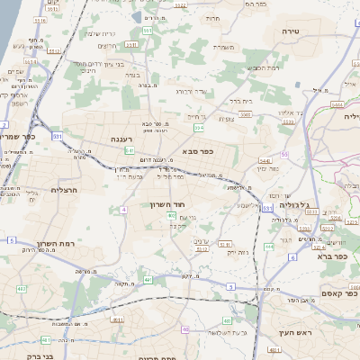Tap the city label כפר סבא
(195, 150)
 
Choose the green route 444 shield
(269, 246)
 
